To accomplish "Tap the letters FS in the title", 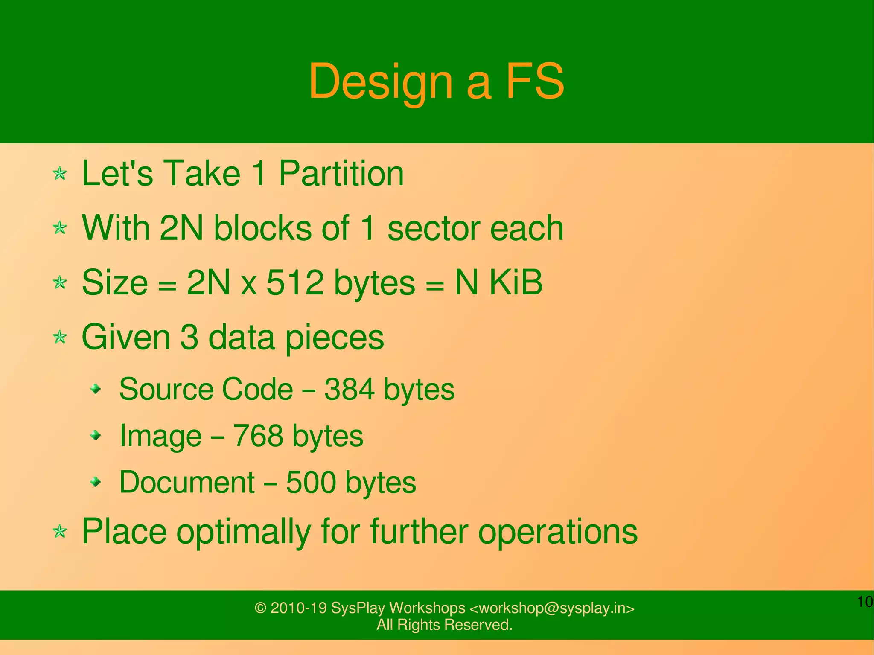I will click(x=535, y=81).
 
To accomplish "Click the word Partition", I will click(x=341, y=173).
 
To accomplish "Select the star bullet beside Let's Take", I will click(x=60, y=174).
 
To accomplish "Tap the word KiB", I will click(x=516, y=282).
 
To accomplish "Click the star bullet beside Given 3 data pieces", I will click(x=60, y=338).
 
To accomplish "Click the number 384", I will click(x=349, y=389).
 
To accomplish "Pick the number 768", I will click(x=258, y=436).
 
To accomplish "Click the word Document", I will click(x=187, y=483).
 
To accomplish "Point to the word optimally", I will click(x=243, y=532).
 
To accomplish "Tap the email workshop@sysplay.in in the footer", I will click(x=552, y=608).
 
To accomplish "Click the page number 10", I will click(x=865, y=602).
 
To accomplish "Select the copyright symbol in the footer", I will click(x=260, y=608).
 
